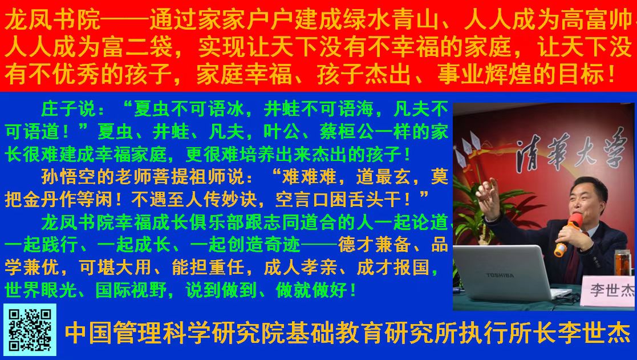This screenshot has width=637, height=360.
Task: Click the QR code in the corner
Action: [30, 330]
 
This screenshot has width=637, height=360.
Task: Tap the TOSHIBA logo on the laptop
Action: [500, 275]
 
